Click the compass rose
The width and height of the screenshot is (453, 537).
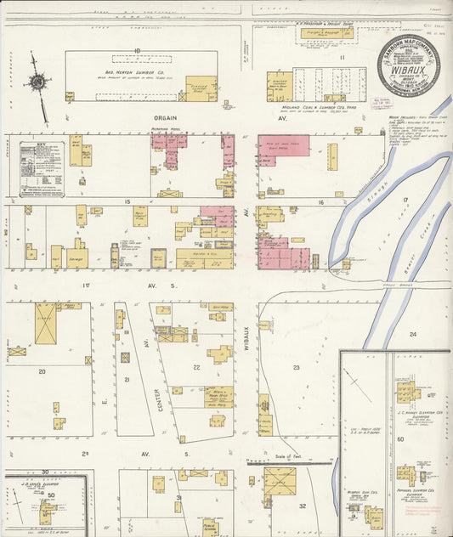coord(37,82)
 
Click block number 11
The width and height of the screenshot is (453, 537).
coord(342,57)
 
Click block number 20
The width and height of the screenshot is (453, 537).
coord(42,371)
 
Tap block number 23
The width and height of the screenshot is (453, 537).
coord(297,367)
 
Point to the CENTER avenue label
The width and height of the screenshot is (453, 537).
coord(158,400)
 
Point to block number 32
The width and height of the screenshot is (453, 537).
coord(303,506)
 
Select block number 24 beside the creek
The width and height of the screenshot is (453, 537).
coord(412,334)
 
